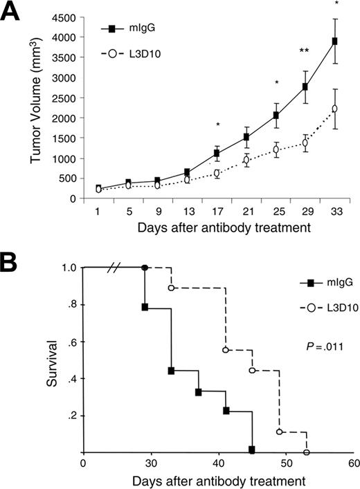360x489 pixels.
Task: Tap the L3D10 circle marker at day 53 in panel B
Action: coord(306,452)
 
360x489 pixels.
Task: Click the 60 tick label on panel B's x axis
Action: coord(353,465)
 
